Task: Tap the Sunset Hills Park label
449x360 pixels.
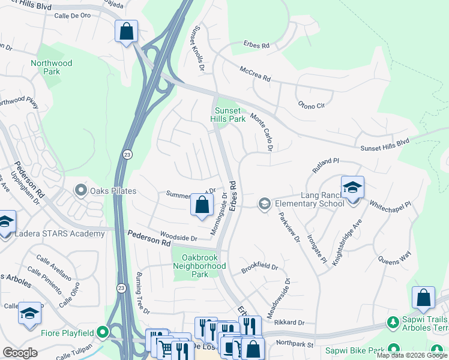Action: [x=228, y=115]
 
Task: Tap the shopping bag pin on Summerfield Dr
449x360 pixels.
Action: [x=202, y=205]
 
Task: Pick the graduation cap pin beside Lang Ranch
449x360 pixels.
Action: [x=352, y=187]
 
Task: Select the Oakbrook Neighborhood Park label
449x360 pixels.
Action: [x=199, y=266]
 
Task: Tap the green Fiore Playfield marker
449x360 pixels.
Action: [x=103, y=331]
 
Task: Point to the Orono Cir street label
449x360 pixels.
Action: [x=311, y=105]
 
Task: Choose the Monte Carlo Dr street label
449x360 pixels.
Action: [x=262, y=131]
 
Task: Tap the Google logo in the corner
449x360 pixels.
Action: [x=20, y=352]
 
